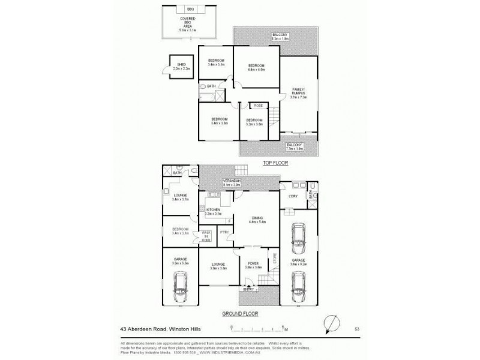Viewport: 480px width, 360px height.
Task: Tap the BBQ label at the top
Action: pyautogui.click(x=190, y=11)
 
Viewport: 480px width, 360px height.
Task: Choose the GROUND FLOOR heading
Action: pyautogui.click(x=239, y=313)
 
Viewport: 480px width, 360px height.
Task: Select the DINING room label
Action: pyautogui.click(x=256, y=219)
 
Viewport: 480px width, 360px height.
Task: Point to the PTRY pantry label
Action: pyautogui.click(x=224, y=232)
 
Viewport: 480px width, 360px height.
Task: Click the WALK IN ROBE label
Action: pyautogui.click(x=206, y=236)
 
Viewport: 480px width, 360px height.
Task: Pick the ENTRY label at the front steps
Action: pyautogui.click(x=248, y=290)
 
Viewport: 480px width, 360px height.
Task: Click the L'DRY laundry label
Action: pyautogui.click(x=293, y=197)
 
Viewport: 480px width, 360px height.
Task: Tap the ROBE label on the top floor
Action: pyautogui.click(x=258, y=106)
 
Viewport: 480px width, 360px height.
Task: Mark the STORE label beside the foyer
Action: pyautogui.click(x=275, y=259)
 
